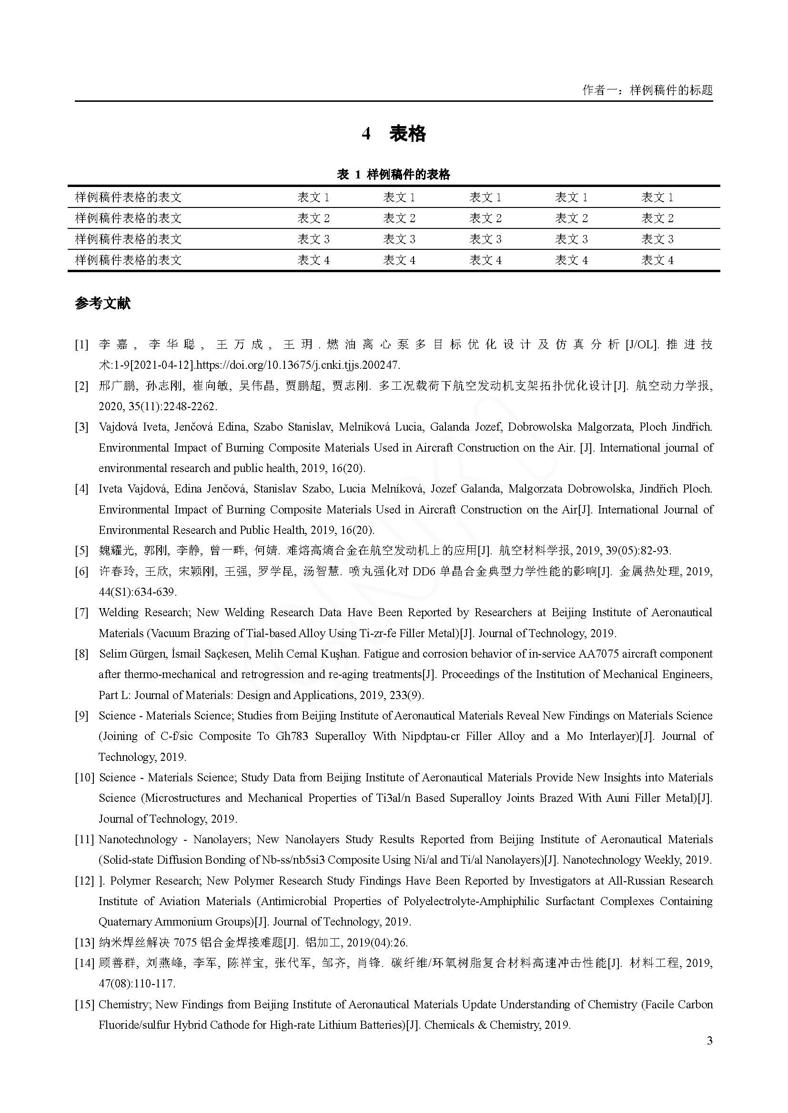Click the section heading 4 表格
point(394,133)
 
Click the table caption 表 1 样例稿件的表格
point(394,175)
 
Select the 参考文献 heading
point(102,304)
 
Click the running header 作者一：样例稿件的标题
point(647,90)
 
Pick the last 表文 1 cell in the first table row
point(657,197)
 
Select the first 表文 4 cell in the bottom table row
point(313,260)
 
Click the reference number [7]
point(81,613)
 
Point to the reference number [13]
point(84,942)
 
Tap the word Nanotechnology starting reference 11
point(138,839)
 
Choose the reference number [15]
point(84,1004)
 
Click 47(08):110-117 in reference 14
point(136,984)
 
